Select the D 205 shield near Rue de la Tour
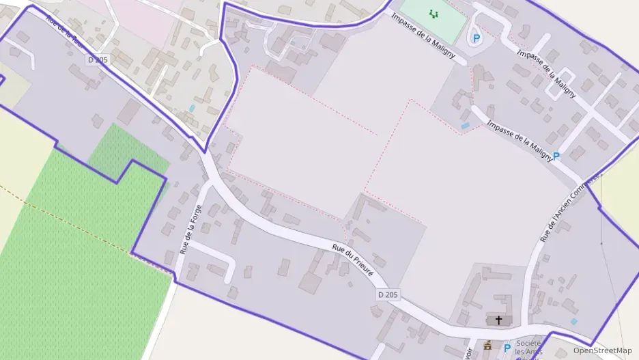pyautogui.click(x=98, y=60)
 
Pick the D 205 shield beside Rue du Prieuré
pyautogui.click(x=387, y=294)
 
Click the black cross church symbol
pyautogui.click(x=498, y=320)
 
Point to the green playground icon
pyautogui.click(x=434, y=13)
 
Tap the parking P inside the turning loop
pyautogui.click(x=476, y=38)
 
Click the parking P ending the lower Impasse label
pyautogui.click(x=556, y=156)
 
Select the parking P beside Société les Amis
pyautogui.click(x=507, y=348)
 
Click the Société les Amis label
pyautogui.click(x=528, y=347)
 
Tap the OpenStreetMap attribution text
pyautogui.click(x=602, y=350)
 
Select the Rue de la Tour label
pyautogui.click(x=66, y=30)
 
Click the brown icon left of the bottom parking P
pyautogui.click(x=487, y=346)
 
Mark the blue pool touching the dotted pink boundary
pyautogui.click(x=465, y=126)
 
